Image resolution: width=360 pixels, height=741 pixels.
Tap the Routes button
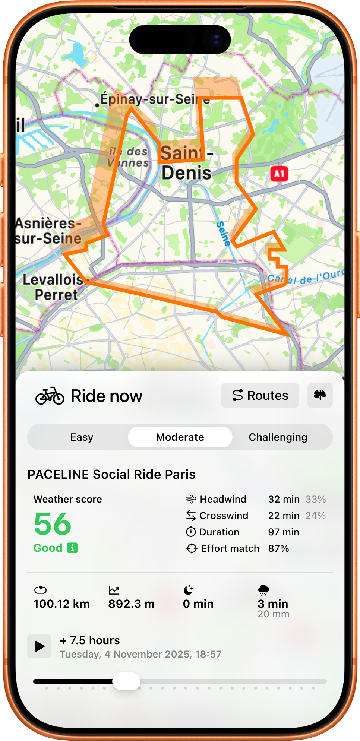pos(260,395)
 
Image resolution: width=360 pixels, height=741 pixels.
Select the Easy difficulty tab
pos(82,437)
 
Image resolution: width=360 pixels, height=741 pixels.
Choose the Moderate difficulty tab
pos(180,437)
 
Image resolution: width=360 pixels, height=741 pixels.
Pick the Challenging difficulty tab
pos(278,437)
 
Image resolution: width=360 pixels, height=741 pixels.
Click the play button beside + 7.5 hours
pos(39,646)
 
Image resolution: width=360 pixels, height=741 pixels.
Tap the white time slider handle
pos(126,681)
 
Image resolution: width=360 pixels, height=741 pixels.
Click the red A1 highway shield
pos(279,174)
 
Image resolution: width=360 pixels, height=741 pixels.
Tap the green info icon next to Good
pos(72,548)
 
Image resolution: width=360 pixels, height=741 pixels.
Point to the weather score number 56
pos(53,524)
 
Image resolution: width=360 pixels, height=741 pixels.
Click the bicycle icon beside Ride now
pos(50,396)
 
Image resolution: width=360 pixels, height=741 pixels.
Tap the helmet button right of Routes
pos(320,395)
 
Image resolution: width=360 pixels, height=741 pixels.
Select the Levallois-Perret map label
pos(54,287)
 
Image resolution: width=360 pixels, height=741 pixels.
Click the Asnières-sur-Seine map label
pos(48,231)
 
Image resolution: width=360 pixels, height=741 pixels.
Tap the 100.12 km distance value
pos(61,604)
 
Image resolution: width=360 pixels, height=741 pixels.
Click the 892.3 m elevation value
pos(131,604)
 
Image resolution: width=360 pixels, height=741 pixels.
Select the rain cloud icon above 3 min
pos(263,590)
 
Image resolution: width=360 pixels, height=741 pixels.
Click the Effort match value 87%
pos(278,548)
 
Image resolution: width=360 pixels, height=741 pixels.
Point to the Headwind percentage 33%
pos(315,499)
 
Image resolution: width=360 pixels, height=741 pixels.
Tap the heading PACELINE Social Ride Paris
pos(111,474)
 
